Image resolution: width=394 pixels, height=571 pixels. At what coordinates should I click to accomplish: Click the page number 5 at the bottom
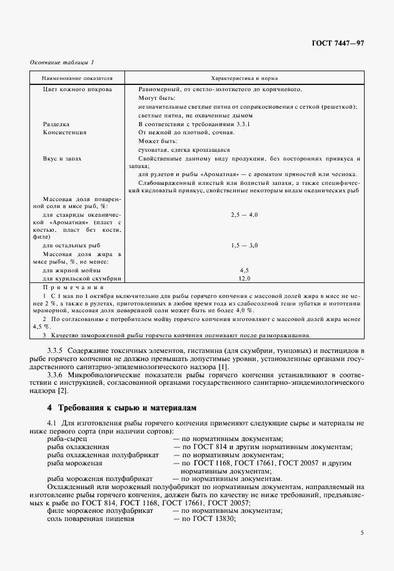point(361,533)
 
